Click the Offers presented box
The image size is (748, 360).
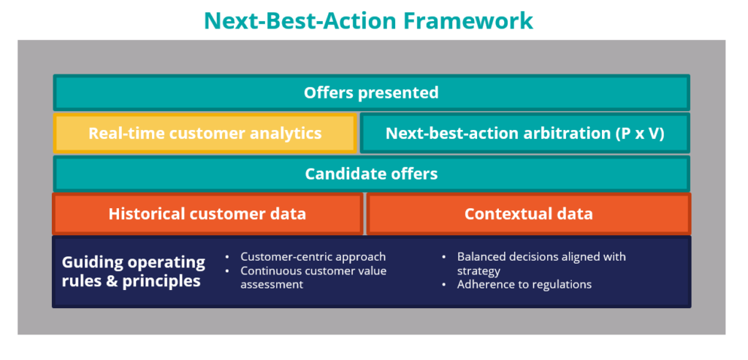click(x=371, y=93)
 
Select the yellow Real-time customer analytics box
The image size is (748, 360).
click(x=205, y=133)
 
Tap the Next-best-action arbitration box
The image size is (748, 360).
click(x=524, y=133)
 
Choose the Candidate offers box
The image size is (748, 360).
click(x=371, y=174)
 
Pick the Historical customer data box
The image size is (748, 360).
click(x=207, y=214)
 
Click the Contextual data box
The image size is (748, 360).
click(x=529, y=214)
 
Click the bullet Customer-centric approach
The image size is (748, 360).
click(x=313, y=256)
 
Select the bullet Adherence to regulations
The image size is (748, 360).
click(x=524, y=285)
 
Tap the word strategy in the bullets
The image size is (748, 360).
click(x=478, y=272)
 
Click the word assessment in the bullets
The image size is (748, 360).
click(x=272, y=285)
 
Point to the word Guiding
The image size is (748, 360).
click(x=90, y=263)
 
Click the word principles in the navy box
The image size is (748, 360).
click(x=161, y=281)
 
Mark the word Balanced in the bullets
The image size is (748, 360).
click(x=480, y=256)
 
